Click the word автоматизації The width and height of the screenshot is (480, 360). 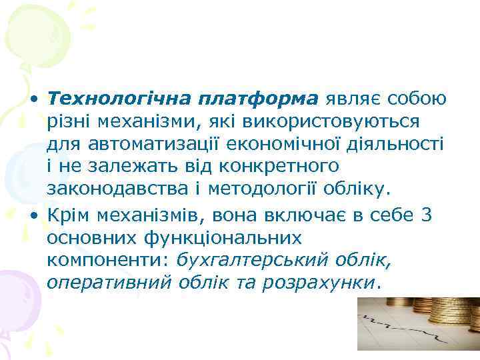(147, 145)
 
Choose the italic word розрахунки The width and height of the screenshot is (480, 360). (317, 283)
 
